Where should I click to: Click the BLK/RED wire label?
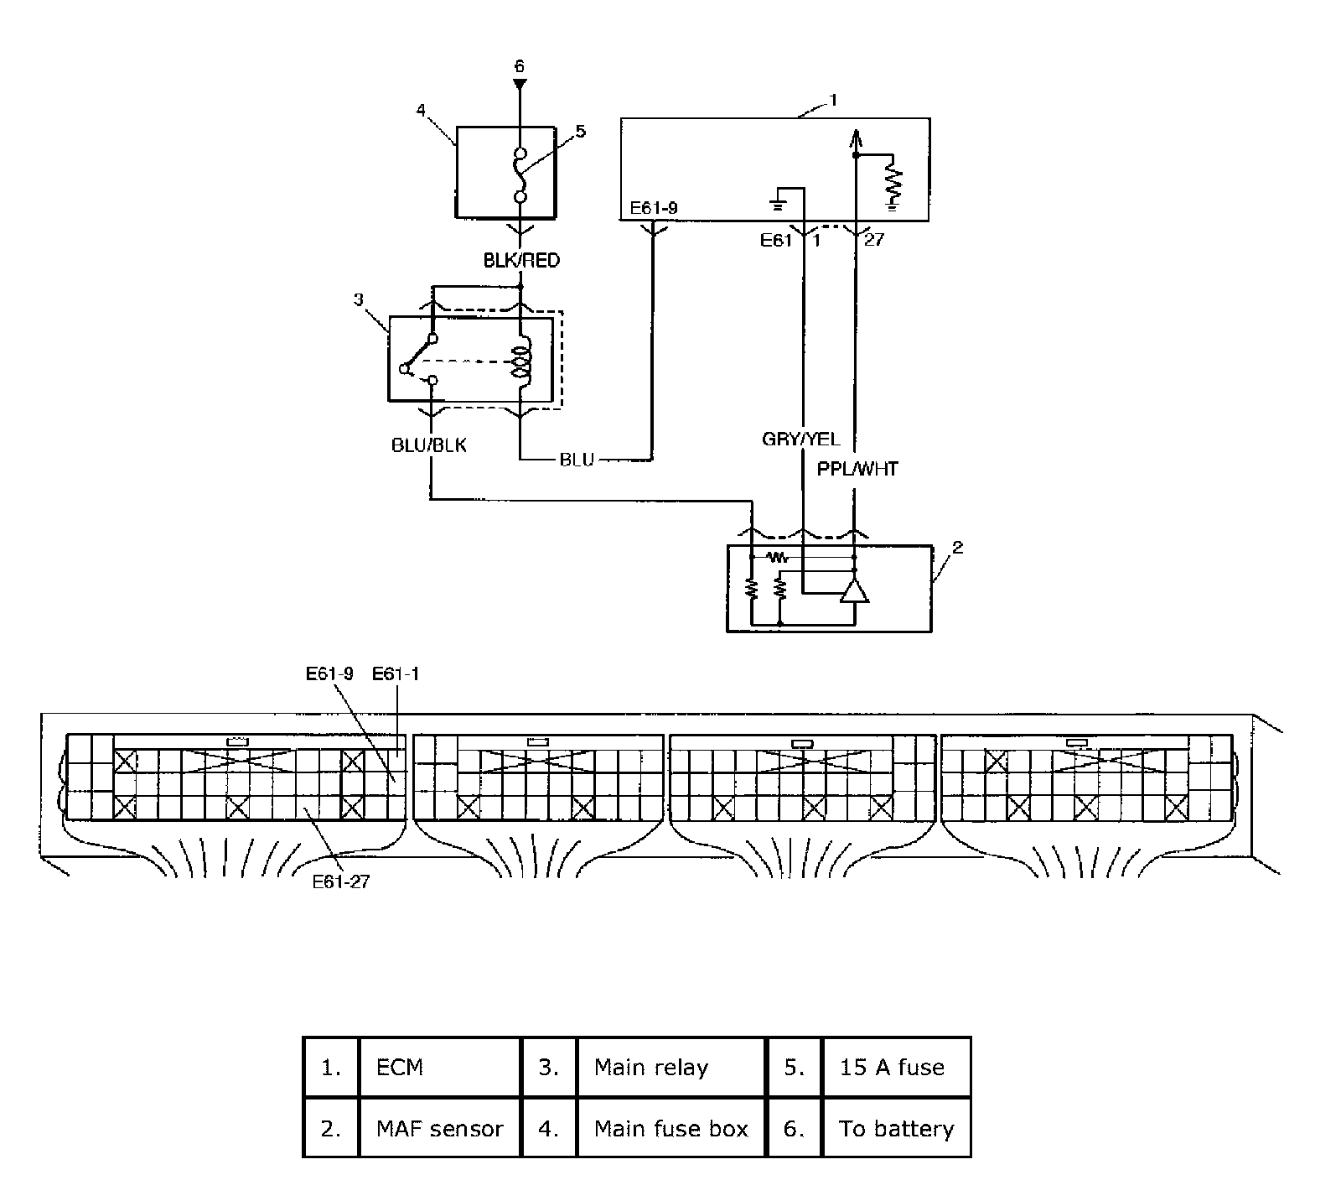point(520,261)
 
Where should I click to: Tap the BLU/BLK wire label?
point(429,445)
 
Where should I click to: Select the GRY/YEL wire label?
point(800,439)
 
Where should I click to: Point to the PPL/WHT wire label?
point(857,470)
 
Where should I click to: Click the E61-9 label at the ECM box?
point(654,207)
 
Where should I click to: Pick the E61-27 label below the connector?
point(340,881)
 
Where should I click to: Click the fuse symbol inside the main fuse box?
point(520,174)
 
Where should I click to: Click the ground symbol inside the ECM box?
point(778,201)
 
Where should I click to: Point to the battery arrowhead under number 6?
point(520,85)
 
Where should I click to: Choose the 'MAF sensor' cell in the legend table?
point(440,1129)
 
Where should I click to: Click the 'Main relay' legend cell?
point(651,1068)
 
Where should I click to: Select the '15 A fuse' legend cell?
point(892,1068)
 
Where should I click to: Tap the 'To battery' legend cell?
point(896,1129)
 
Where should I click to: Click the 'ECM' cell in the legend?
point(401,1068)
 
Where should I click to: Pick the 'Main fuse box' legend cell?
point(670,1129)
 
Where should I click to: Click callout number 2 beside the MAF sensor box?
point(958,548)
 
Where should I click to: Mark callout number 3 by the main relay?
point(359,299)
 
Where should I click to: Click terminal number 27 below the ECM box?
point(874,240)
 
